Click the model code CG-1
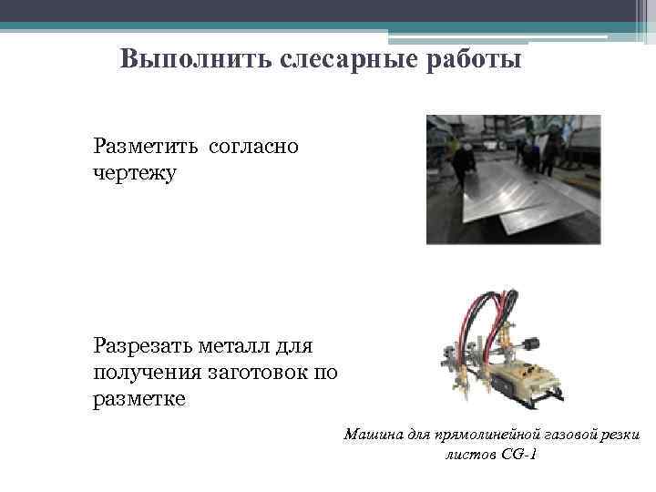point(518,453)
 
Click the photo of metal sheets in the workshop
point(513,179)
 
